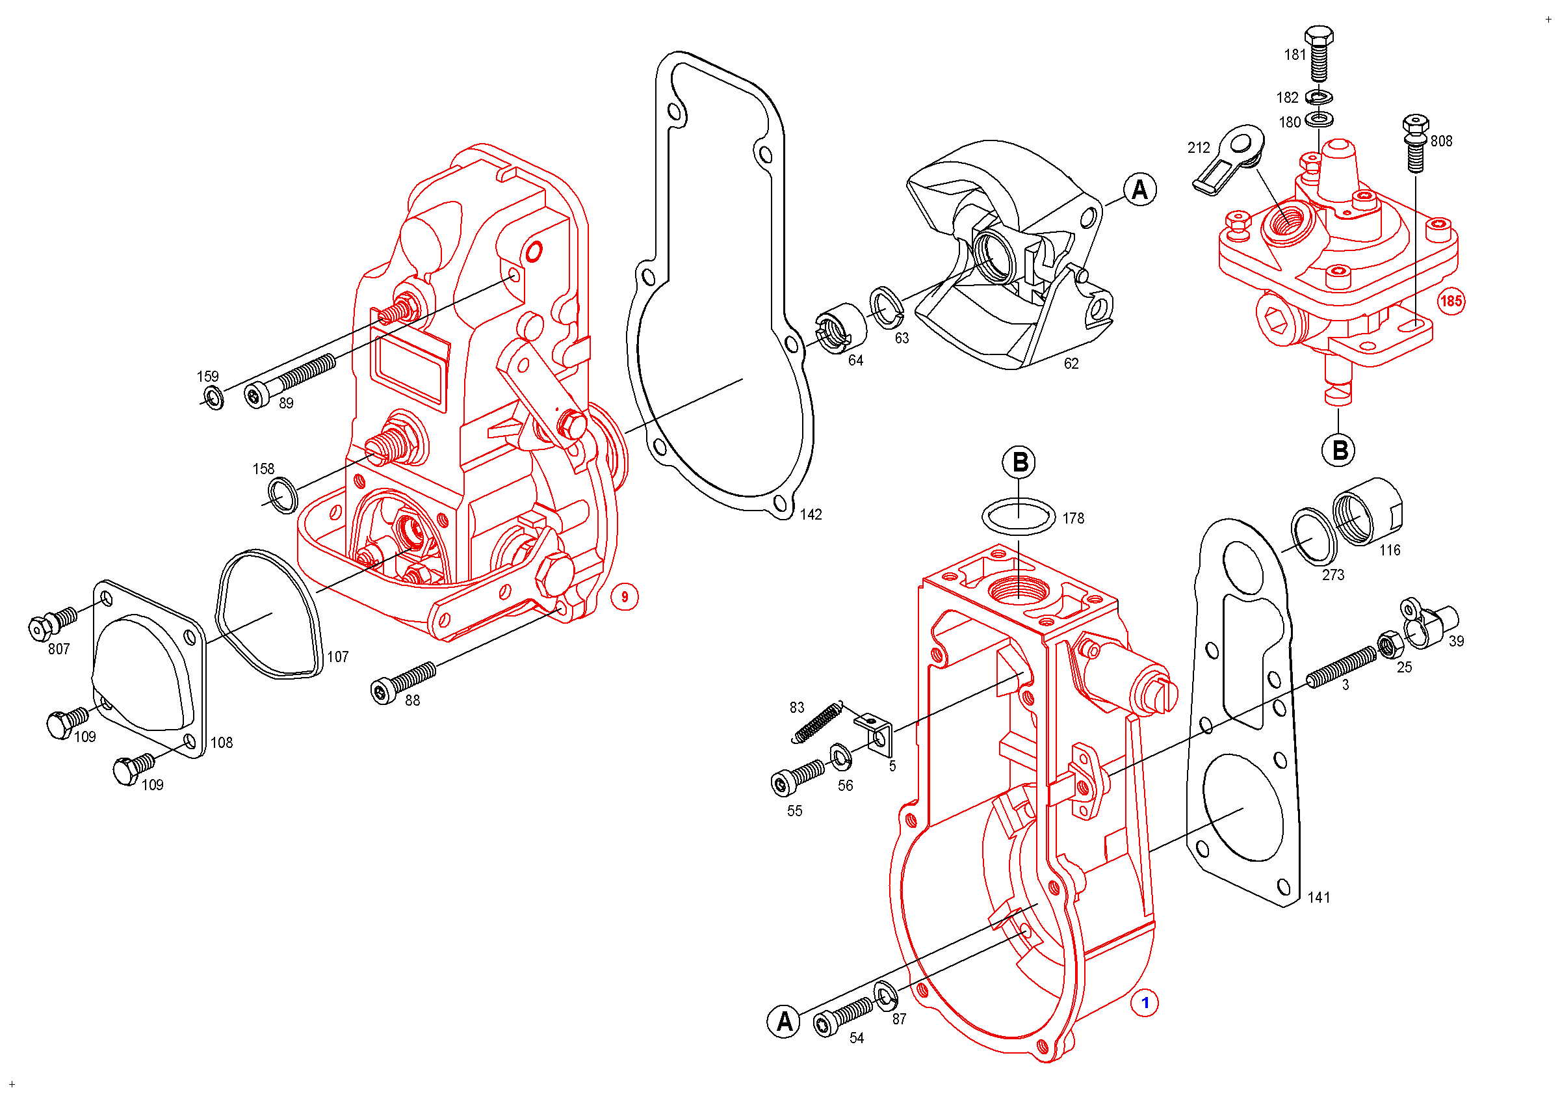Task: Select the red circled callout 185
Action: (x=1451, y=301)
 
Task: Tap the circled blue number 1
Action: (x=1145, y=1003)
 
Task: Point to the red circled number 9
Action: (x=625, y=598)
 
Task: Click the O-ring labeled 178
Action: (x=1019, y=516)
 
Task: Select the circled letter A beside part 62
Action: (x=1140, y=190)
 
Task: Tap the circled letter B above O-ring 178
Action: (x=1019, y=462)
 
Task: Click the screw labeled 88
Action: (x=404, y=682)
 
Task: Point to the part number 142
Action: (x=811, y=514)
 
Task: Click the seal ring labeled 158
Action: (x=283, y=495)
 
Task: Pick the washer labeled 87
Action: (x=885, y=996)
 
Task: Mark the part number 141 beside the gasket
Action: (x=1319, y=897)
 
